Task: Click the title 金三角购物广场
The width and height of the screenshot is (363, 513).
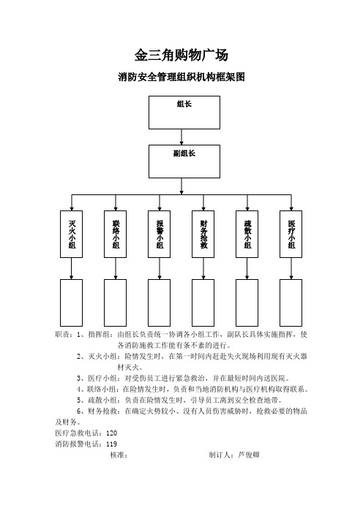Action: point(181,55)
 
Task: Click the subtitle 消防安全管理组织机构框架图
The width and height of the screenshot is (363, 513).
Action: point(181,77)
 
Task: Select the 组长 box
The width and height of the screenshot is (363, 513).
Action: point(184,113)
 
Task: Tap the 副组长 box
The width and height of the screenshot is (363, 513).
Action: point(184,161)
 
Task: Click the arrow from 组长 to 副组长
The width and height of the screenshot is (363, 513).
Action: point(181,137)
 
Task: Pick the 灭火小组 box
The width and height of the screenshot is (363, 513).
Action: point(72,235)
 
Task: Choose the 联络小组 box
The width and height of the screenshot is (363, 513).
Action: point(116,235)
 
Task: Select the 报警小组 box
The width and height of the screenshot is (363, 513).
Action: point(160,235)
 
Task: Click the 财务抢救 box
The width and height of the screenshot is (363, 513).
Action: point(203,235)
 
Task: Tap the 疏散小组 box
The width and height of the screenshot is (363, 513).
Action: point(247,235)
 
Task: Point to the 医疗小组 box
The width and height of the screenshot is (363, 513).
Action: point(291,235)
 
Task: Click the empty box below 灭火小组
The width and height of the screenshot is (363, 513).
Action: point(72,303)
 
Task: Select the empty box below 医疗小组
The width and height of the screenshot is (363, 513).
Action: point(291,303)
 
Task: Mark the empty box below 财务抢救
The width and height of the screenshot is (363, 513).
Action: point(203,303)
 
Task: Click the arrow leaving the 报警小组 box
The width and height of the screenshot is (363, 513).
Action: point(160,268)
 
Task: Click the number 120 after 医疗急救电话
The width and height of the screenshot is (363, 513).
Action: point(112,433)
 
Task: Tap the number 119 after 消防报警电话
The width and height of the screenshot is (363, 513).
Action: point(112,444)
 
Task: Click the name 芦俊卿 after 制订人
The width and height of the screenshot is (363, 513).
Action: point(249,455)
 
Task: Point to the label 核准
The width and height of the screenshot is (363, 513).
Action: point(117,455)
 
